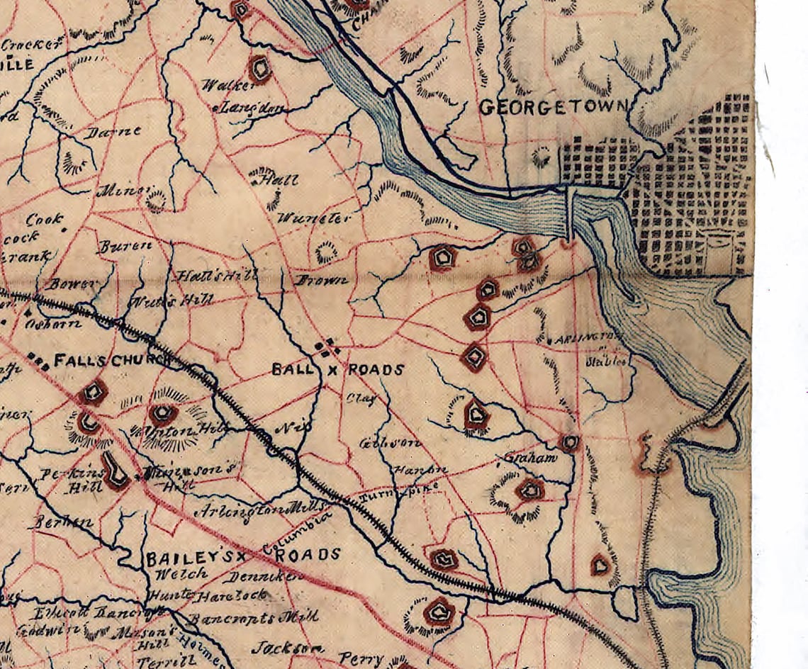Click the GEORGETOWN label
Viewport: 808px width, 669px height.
(554, 108)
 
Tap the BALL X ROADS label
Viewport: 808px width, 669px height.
(338, 370)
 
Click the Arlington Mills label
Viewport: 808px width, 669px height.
(262, 510)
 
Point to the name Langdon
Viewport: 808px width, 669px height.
(252, 108)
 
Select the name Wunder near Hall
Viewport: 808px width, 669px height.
(315, 218)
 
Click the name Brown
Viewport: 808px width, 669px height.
(322, 280)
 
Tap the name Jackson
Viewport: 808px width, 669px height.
(288, 648)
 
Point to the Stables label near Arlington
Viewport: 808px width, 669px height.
(607, 361)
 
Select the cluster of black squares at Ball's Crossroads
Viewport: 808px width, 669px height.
(327, 348)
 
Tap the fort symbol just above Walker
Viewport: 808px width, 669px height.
(259, 69)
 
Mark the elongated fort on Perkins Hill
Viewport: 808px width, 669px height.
(113, 471)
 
